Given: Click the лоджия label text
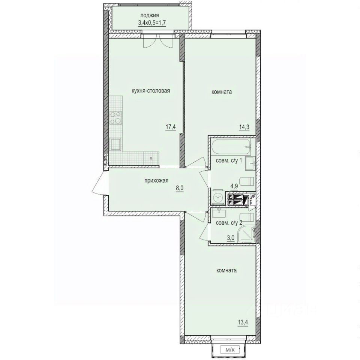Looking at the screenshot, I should point(150,15).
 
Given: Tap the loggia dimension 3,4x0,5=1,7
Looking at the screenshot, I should point(150,22).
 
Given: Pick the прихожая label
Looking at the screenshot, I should point(156,181).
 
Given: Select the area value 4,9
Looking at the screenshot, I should point(234,185).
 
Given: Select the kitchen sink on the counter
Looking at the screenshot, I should point(116,144).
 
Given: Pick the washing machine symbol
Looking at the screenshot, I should point(217,198).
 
